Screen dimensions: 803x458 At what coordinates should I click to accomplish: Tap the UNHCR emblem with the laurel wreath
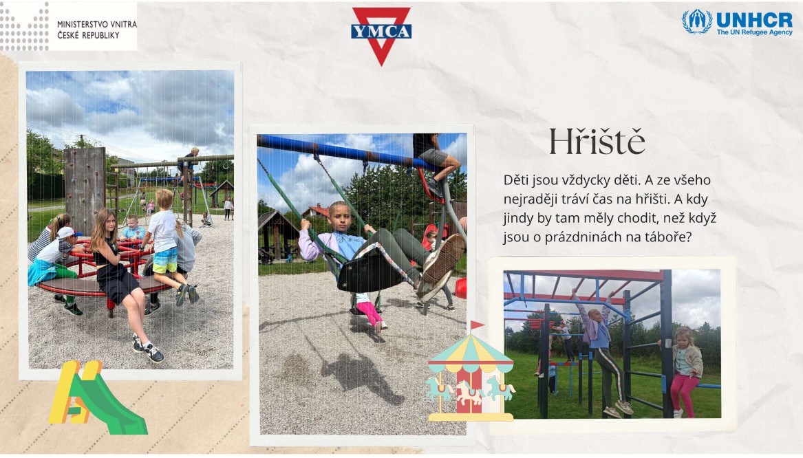point(696,21)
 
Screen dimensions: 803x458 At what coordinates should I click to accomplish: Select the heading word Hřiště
point(597,141)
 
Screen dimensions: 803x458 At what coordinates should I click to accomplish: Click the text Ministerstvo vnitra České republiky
point(97,30)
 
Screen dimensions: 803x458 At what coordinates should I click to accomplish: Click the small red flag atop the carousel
point(478,325)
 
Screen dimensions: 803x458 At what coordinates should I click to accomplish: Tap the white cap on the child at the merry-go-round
point(67,233)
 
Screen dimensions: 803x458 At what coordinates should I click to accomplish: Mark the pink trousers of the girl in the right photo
point(683,395)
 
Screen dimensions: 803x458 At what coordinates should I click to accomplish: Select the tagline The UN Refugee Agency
point(754,32)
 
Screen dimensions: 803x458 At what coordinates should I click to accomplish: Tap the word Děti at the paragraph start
point(515,180)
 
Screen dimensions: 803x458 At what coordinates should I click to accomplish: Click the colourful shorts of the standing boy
point(165,261)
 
